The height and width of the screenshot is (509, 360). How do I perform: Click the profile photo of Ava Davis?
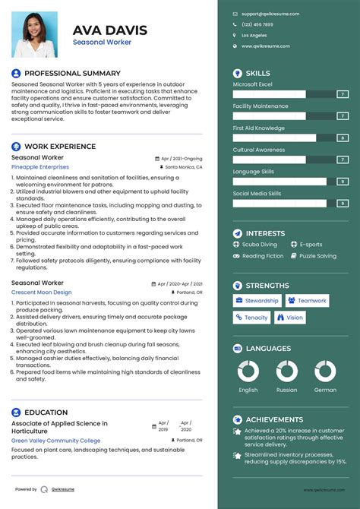click(x=35, y=33)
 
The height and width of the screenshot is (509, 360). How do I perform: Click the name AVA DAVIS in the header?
click(x=109, y=30)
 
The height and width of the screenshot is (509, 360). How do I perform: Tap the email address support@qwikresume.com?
click(x=270, y=14)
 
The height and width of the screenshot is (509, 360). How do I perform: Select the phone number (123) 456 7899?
click(x=257, y=24)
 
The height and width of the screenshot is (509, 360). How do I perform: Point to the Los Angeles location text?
click(x=254, y=35)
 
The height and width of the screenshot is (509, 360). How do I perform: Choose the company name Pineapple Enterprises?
click(x=39, y=166)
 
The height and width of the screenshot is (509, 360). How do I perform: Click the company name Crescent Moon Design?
click(x=41, y=292)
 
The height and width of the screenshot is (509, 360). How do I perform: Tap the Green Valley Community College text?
click(x=55, y=441)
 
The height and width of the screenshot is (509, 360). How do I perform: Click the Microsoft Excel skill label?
click(x=252, y=84)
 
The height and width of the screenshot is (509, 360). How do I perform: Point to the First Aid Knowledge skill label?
click(x=258, y=128)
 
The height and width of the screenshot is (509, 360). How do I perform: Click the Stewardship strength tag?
click(x=257, y=301)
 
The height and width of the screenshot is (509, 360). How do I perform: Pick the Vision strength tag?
click(x=290, y=318)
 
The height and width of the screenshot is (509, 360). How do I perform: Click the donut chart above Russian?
click(x=287, y=371)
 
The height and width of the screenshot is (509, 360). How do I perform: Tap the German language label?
click(x=325, y=390)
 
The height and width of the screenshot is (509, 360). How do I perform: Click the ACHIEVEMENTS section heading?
click(x=274, y=419)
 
